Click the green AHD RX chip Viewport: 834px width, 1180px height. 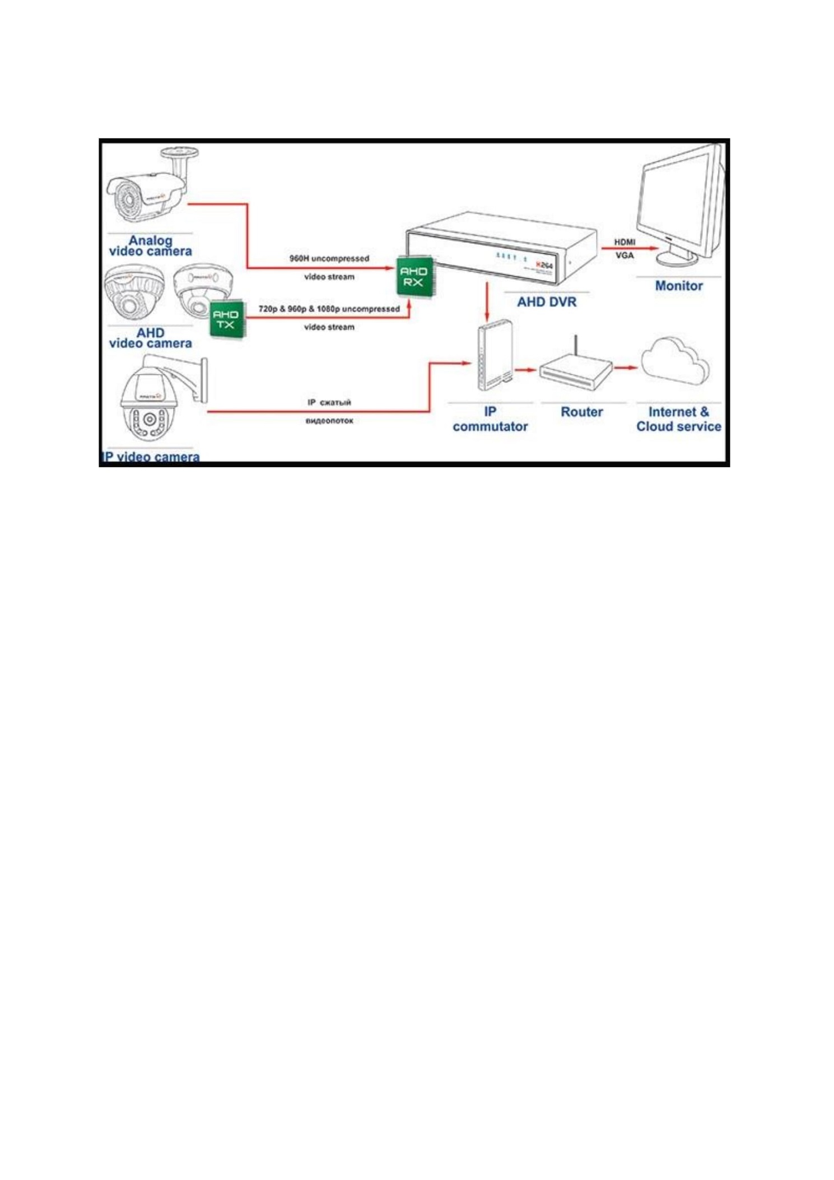tap(413, 276)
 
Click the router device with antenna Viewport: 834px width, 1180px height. tap(575, 372)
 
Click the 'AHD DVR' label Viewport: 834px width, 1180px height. tap(546, 302)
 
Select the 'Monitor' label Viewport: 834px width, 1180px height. tap(678, 286)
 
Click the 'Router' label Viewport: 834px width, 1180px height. tap(581, 412)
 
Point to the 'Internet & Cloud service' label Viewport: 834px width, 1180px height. tap(678, 419)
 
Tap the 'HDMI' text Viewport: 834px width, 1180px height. tap(625, 242)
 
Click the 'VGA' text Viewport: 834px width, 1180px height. tap(625, 255)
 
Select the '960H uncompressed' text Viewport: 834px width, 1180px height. tap(329, 258)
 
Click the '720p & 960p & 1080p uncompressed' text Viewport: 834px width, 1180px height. tap(329, 309)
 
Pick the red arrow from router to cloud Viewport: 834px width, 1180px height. tap(625, 368)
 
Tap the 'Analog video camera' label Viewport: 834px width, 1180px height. tap(150, 245)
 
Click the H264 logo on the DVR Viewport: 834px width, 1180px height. tap(544, 265)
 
